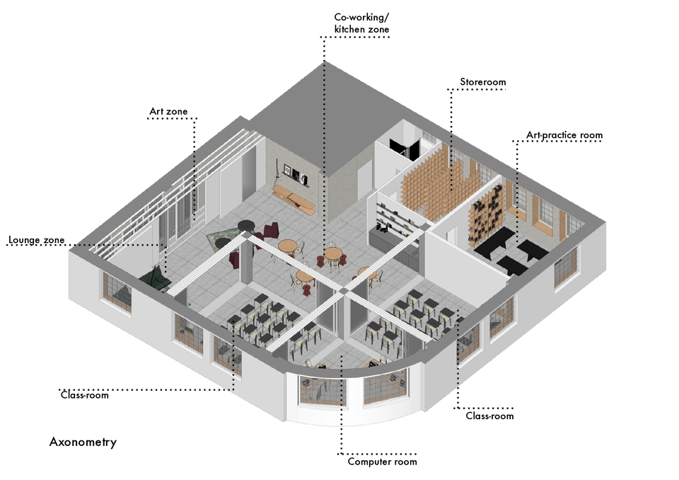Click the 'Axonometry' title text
pos(83,442)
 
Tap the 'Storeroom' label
pos(483,82)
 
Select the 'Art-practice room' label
pos(564,135)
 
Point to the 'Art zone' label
pos(168,111)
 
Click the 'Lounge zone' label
pos(36,240)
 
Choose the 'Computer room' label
pos(383,462)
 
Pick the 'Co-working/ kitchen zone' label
pos(361,23)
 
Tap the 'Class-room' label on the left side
pos(85,395)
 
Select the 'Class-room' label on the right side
pos(489,416)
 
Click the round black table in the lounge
pos(246,225)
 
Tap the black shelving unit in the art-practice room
pos(487,215)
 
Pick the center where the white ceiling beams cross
pos(343,290)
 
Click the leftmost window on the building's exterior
pos(116,291)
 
